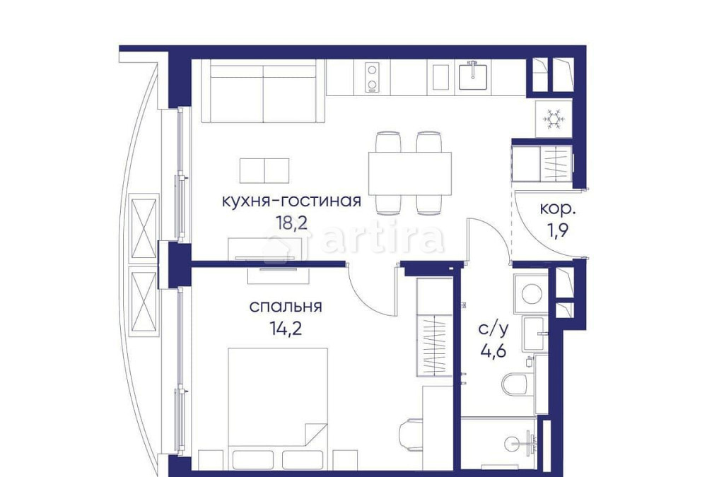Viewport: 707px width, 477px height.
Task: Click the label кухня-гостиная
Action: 291,201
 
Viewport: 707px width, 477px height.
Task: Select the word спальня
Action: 286,307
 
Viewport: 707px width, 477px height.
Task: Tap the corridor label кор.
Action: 558,209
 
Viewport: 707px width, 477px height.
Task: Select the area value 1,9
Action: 558,230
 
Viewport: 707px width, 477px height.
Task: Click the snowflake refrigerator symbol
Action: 553,118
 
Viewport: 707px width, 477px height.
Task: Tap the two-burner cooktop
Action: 372,78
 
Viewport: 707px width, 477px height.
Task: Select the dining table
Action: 409,173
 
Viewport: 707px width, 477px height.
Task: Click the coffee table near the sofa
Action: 264,170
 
